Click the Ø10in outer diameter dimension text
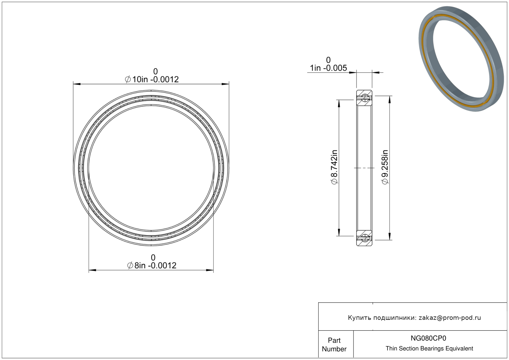point(152,79)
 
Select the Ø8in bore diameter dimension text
point(152,265)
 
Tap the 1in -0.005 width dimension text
point(328,68)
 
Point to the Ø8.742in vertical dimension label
point(334,167)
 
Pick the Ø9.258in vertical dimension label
point(385,167)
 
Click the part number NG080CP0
point(428,338)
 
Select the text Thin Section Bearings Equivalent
point(429,349)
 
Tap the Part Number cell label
point(334,345)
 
